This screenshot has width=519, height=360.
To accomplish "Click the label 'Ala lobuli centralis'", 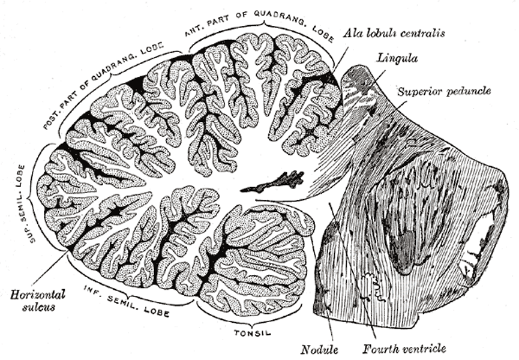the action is click(x=394, y=33).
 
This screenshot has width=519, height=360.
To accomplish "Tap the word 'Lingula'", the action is click(x=397, y=58).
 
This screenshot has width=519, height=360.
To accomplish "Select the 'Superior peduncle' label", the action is click(x=444, y=91).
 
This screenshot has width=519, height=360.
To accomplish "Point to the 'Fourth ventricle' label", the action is click(x=404, y=349).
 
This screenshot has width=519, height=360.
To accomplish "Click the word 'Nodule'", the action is click(x=319, y=349).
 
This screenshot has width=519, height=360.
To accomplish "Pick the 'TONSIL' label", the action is click(x=253, y=332).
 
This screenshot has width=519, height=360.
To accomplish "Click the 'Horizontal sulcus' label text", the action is click(x=38, y=301).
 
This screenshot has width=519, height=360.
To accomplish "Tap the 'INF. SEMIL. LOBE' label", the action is click(x=127, y=301).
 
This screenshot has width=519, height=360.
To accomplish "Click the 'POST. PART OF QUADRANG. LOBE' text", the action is click(x=103, y=85).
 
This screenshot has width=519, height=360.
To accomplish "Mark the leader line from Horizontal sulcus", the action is click(x=50, y=270).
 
